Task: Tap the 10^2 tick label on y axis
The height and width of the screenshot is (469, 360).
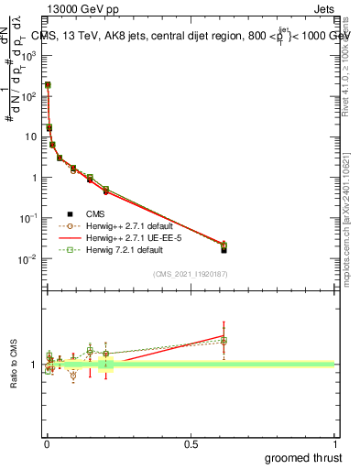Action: click(x=27, y=95)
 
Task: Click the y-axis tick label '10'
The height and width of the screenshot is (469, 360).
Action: click(x=29, y=136)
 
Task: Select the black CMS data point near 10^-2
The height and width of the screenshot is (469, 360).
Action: click(x=224, y=249)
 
